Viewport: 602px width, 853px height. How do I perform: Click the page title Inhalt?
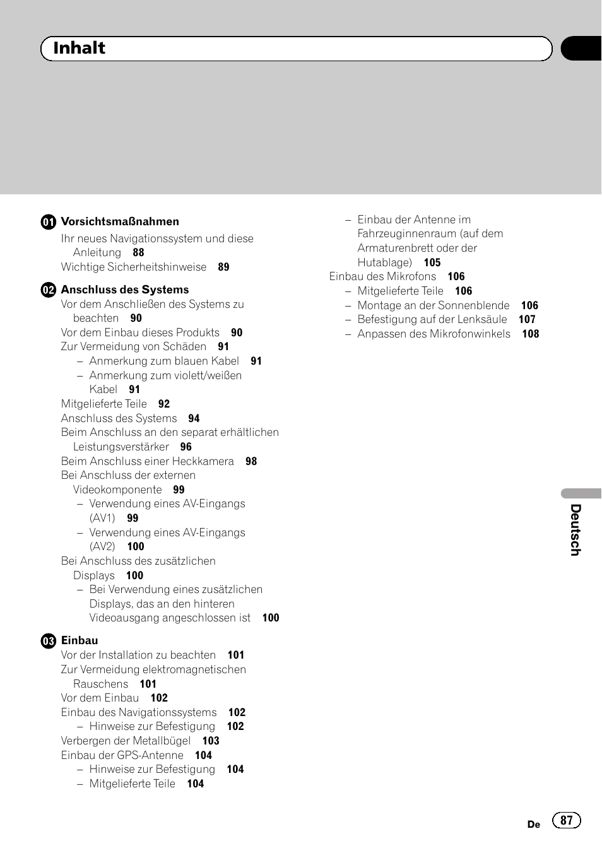[x=79, y=48]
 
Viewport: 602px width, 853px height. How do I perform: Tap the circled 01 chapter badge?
[x=49, y=222]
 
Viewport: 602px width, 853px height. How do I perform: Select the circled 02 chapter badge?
[x=49, y=290]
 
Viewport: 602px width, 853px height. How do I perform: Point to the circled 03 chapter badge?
[x=49, y=641]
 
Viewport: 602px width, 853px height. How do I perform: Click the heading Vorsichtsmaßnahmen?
[x=120, y=221]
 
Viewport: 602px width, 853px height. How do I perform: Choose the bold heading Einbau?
[x=80, y=640]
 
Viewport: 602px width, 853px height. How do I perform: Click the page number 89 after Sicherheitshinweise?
[x=223, y=267]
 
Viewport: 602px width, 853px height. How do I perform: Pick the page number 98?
[x=251, y=461]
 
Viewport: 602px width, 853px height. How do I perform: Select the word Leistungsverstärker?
[x=121, y=447]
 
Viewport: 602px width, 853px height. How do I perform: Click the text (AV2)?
[x=102, y=546]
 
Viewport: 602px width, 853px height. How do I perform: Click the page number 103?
[x=211, y=741]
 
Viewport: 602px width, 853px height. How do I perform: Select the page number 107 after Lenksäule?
[x=527, y=319]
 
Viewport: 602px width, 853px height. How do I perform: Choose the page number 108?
[x=531, y=334]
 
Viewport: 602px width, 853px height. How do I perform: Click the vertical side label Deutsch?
[x=575, y=530]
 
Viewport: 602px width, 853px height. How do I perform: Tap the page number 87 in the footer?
[x=567, y=820]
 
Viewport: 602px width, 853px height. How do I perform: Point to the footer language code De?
[x=534, y=824]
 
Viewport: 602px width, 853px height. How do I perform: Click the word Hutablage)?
[x=384, y=262]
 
